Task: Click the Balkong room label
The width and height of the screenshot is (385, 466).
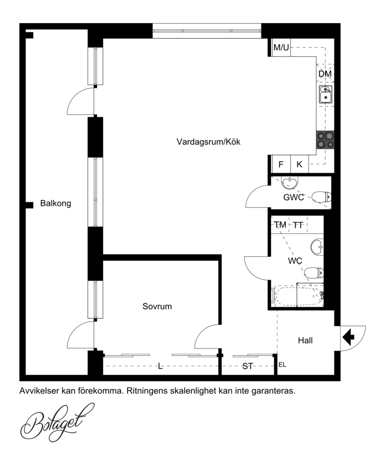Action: click(x=55, y=204)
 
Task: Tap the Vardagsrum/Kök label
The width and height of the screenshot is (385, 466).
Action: click(x=208, y=142)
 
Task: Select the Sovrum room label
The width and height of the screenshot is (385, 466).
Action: click(x=157, y=306)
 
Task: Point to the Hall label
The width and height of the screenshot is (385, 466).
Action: click(x=305, y=340)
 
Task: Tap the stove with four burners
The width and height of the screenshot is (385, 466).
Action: click(x=325, y=140)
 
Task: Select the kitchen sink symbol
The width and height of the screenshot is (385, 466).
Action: click(x=326, y=94)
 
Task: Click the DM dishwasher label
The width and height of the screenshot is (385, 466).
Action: click(x=325, y=74)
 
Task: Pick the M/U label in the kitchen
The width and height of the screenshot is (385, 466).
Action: click(x=281, y=47)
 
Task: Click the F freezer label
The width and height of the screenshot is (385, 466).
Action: click(x=281, y=164)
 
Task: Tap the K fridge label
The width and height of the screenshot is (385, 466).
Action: click(x=299, y=164)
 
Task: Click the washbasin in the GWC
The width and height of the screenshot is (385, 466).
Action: click(x=289, y=183)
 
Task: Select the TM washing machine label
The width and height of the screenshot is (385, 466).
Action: click(x=280, y=225)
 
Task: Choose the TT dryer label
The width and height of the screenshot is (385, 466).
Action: click(x=298, y=225)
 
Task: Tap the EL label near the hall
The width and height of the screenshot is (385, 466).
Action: click(x=282, y=364)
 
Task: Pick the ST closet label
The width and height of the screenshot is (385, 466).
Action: click(x=247, y=366)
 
